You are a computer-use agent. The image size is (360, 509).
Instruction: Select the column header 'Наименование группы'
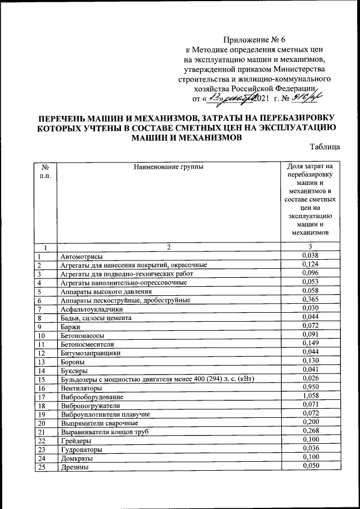point(168,166)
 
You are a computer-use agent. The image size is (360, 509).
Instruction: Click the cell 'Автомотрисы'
point(81,256)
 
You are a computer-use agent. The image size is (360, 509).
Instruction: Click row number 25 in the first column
point(41,466)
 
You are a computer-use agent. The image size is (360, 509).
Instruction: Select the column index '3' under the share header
point(310,247)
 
